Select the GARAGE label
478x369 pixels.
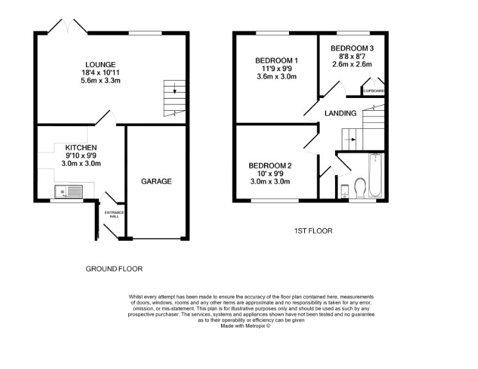point(156,181)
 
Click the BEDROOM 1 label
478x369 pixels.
point(277,61)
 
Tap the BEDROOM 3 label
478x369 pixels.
point(352,48)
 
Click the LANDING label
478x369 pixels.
point(340,113)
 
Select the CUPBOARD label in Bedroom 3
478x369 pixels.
point(374,92)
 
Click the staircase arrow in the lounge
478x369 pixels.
point(174,88)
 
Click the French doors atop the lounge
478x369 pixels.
point(68,26)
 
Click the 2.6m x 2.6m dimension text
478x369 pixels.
point(352,65)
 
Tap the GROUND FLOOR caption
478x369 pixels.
point(114,269)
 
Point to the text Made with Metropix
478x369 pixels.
point(245,325)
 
